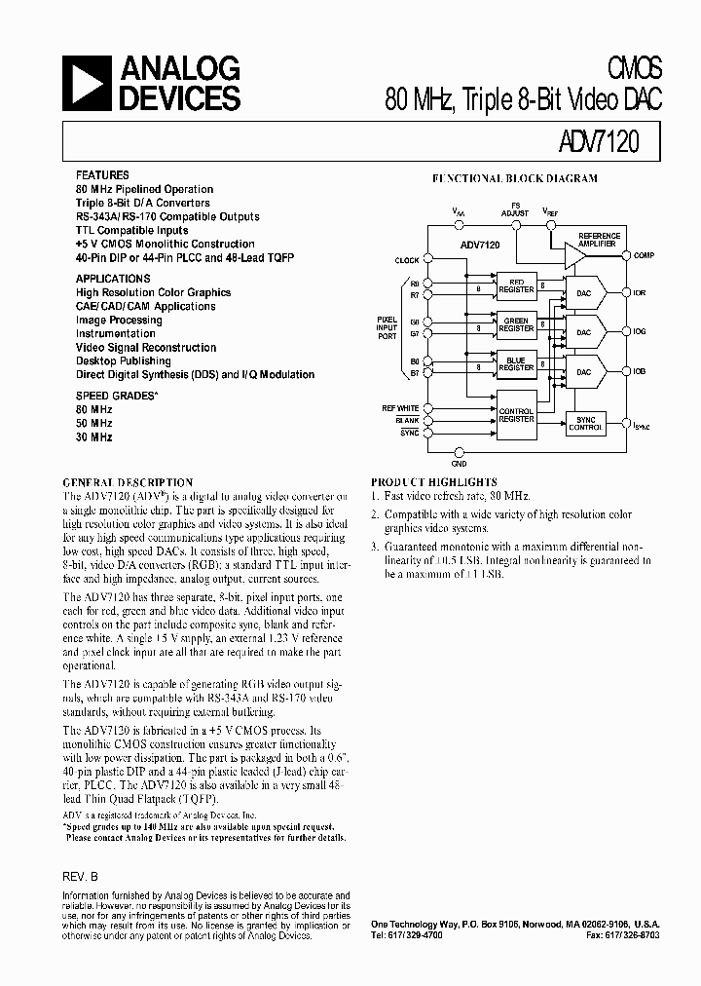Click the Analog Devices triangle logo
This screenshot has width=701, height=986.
coord(85,83)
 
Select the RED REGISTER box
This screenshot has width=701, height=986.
coord(516,286)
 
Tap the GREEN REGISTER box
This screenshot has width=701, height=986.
coord(516,325)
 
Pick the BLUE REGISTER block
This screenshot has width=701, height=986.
coord(516,364)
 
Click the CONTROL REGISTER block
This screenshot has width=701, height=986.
coord(516,415)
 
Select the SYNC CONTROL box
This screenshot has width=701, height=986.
coord(585,424)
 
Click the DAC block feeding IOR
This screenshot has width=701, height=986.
coord(584,292)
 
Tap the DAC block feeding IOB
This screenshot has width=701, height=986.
coord(584,372)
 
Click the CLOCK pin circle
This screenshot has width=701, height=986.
coord(424,260)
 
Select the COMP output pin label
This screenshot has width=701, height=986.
coord(644,255)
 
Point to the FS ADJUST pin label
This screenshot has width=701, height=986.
coord(516,209)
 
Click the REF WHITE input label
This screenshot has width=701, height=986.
coord(400,408)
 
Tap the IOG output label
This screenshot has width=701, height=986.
coord(640,332)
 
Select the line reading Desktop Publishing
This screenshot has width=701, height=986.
coord(123,360)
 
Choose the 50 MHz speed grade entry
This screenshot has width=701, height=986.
coord(94,424)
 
